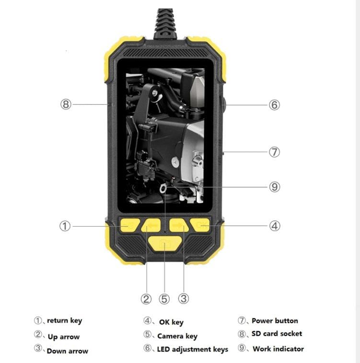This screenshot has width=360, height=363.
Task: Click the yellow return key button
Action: [130, 225]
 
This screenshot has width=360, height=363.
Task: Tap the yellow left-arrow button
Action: [151, 225]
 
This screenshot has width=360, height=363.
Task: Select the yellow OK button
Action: [200, 225]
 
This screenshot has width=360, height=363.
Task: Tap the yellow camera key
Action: [165, 244]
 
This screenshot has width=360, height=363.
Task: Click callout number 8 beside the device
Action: [66, 104]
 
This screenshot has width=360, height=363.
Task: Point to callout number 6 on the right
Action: [274, 105]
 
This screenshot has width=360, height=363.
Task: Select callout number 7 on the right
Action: [274, 152]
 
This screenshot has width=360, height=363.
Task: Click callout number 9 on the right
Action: [275, 187]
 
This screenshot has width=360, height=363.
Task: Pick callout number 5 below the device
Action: [164, 299]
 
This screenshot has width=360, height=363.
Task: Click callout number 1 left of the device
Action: [65, 226]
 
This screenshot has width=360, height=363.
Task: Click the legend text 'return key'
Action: [64, 321]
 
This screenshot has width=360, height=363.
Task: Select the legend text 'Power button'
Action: [275, 321]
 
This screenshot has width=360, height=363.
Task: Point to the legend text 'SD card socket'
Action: [277, 333]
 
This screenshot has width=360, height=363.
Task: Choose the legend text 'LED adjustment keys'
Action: [193, 349]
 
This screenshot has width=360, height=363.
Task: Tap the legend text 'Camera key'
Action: [177, 336]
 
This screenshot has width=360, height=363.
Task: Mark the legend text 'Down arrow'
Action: [68, 351]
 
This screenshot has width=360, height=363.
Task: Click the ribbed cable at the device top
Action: [165, 23]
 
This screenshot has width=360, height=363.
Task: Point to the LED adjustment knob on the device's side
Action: [223, 105]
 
